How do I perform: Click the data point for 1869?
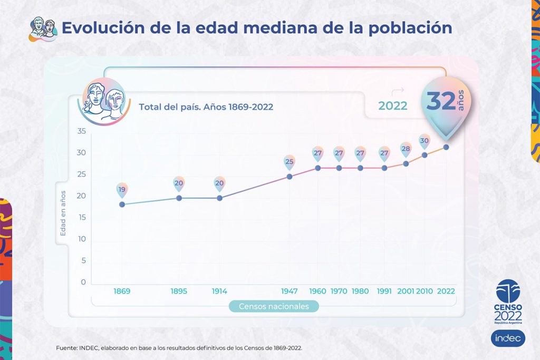(x=122, y=205)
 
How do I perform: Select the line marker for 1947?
(x=290, y=177)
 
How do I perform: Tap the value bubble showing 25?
(x=289, y=162)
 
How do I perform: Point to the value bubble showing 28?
(x=406, y=149)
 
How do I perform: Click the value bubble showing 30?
(x=425, y=141)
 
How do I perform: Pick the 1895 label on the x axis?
(x=179, y=291)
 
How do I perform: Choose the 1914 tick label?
(x=220, y=291)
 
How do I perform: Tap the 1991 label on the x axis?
(x=384, y=291)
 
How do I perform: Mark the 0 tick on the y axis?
(x=83, y=283)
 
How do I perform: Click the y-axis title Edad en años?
(x=63, y=213)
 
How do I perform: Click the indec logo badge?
(x=508, y=338)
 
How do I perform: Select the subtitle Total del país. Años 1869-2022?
(x=206, y=107)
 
